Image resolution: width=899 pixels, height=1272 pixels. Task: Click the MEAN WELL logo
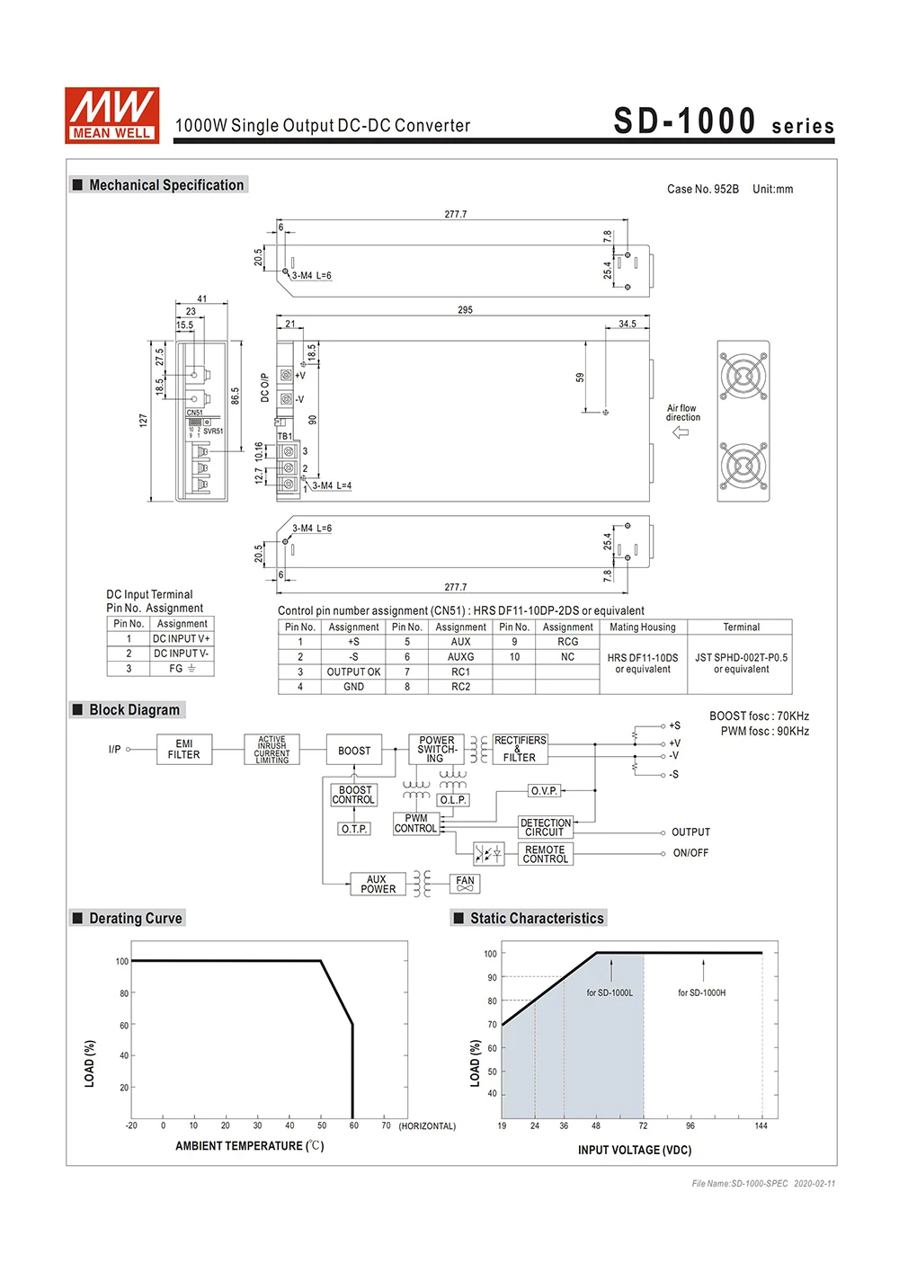pos(111,115)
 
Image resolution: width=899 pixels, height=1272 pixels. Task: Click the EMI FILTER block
pos(184,750)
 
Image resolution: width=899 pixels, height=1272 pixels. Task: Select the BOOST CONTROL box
pos(354,795)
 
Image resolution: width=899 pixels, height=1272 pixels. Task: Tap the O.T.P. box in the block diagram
pos(354,829)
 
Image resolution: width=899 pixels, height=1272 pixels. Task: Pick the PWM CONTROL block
pos(415,823)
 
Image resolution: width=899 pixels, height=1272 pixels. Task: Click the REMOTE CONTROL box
pos(546,854)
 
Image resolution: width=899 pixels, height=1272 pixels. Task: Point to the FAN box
pos(465,885)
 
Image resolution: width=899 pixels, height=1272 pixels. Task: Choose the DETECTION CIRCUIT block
pos(546,828)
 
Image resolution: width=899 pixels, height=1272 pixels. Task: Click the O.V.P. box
pos(544,791)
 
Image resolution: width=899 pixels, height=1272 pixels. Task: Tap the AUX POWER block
pos(378,885)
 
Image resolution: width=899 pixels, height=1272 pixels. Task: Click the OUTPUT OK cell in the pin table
pos(353,672)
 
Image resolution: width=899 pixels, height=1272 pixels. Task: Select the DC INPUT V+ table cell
pos(182,639)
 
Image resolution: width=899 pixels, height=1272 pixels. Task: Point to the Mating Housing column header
pos(643,627)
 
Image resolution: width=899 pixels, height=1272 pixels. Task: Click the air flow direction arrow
pos(681,432)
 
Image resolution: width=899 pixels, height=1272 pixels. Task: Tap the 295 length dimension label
pos(465,310)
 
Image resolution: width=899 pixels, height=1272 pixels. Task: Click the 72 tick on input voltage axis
pos(643,1125)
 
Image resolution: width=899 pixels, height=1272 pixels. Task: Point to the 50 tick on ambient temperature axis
pos(322,1125)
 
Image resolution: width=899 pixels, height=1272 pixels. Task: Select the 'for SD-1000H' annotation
pos(701,992)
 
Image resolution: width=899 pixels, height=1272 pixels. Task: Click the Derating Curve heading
pos(136,918)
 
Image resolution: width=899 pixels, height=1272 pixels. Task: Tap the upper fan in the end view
pos(743,375)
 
